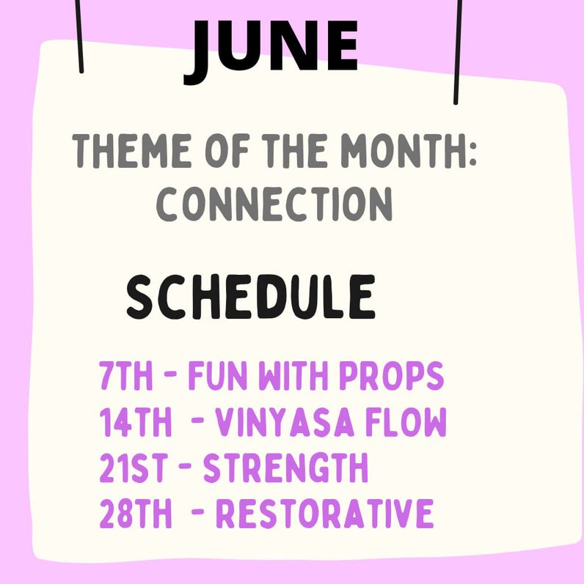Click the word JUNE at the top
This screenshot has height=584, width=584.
pyautogui.click(x=271, y=51)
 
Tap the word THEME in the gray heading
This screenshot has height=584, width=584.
pyautogui.click(x=131, y=151)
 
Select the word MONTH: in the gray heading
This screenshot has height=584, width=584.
pyautogui.click(x=409, y=151)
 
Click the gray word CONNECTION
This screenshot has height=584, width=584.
pyautogui.click(x=274, y=204)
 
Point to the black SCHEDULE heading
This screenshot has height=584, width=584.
pyautogui.click(x=251, y=297)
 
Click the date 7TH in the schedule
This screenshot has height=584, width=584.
pyautogui.click(x=126, y=375)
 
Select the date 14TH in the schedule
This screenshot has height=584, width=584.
pyautogui.click(x=136, y=421)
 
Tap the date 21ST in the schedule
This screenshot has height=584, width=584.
pyautogui.click(x=134, y=467)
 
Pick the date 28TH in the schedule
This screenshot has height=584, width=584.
pyautogui.click(x=136, y=514)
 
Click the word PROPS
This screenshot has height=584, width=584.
pyautogui.click(x=392, y=375)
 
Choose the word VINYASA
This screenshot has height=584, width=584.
pyautogui.click(x=285, y=421)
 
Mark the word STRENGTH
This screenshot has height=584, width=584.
pyautogui.click(x=285, y=467)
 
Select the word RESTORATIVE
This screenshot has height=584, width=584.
pyautogui.click(x=325, y=514)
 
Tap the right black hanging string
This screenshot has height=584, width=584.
pyautogui.click(x=458, y=52)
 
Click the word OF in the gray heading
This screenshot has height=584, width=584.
pyautogui.click(x=227, y=151)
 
